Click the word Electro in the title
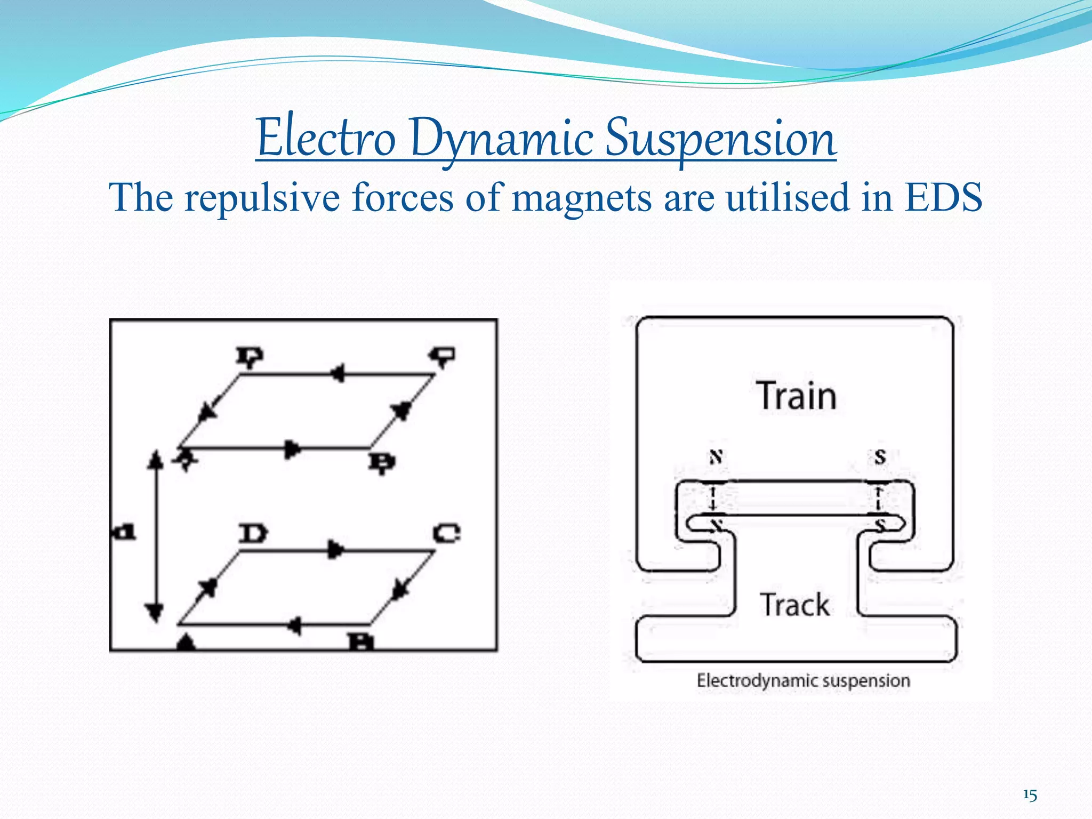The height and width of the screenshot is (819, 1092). (326, 139)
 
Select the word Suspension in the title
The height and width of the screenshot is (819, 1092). (720, 139)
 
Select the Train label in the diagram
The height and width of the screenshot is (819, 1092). (797, 396)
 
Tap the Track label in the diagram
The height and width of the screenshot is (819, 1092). (794, 605)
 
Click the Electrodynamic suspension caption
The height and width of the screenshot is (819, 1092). (803, 681)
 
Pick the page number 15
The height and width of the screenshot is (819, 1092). (1030, 796)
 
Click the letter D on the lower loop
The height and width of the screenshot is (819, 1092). (253, 533)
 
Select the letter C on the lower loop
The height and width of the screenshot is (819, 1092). (446, 533)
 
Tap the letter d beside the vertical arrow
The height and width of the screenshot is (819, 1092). (125, 532)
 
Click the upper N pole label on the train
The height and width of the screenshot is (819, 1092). (716, 457)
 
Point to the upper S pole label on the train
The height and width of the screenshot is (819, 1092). (880, 456)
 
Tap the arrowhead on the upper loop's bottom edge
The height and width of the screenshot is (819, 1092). (292, 449)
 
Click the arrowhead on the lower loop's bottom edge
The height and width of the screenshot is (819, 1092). (294, 625)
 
